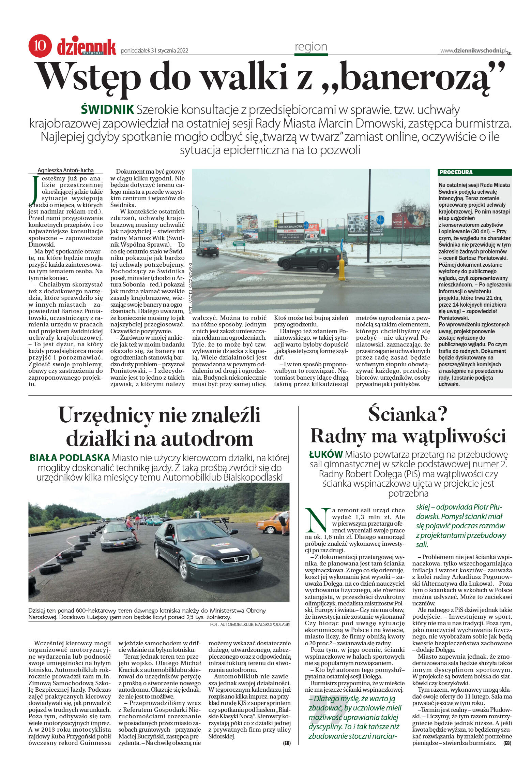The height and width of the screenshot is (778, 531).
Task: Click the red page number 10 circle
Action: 40,46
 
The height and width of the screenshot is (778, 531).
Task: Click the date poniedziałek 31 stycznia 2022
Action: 154,51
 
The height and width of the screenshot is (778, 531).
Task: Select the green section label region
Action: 311,47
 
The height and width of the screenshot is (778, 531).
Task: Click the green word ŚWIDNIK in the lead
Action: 107,110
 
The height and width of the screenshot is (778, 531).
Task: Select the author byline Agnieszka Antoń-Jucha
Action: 65,171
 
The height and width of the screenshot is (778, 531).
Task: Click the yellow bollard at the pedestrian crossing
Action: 342,269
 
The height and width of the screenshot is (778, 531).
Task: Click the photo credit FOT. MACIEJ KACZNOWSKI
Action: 190,288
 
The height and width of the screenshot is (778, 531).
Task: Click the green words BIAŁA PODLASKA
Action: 70,458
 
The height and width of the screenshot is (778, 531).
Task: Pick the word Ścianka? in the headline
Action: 408,414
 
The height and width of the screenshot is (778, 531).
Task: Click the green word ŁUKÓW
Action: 325,455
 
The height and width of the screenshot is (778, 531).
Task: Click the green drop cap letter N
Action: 317,520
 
